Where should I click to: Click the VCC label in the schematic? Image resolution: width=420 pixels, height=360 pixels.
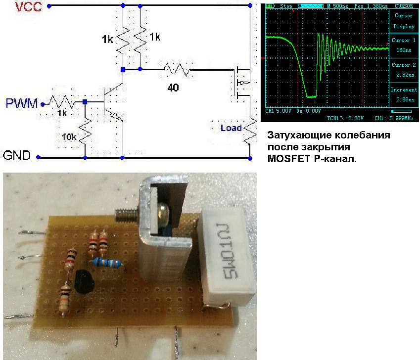coord(16,7)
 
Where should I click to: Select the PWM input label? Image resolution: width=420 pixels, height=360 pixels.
coord(21,103)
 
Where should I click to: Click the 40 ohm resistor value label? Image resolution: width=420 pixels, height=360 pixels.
coord(174,88)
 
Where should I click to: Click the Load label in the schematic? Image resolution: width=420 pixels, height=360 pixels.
coord(231,128)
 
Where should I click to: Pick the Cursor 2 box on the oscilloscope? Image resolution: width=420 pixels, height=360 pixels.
coord(403,69)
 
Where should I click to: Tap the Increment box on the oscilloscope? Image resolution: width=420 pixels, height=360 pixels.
coord(403,94)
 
